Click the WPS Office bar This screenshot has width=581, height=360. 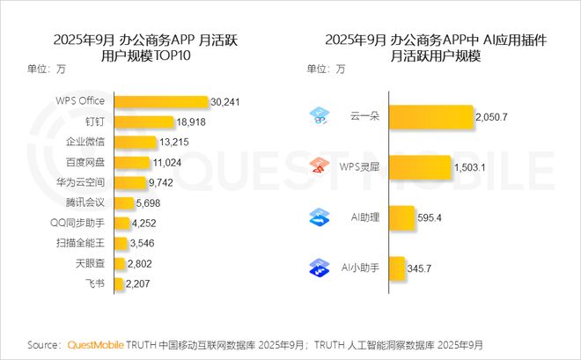(x=159, y=101)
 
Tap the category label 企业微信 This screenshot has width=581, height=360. (x=86, y=142)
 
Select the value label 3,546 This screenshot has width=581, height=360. (x=143, y=243)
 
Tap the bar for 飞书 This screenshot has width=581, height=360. (x=118, y=283)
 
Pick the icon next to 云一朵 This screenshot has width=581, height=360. (x=319, y=116)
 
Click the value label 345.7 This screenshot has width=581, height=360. (x=423, y=267)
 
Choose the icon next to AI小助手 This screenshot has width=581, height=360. (x=319, y=267)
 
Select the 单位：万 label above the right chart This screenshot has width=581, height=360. (x=326, y=69)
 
